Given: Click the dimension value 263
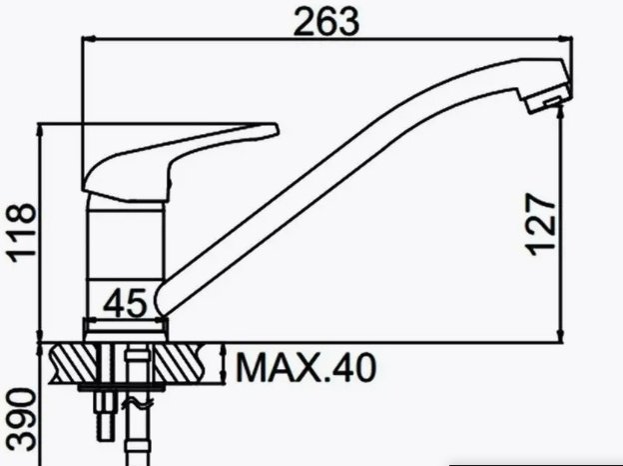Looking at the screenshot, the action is [x=325, y=21].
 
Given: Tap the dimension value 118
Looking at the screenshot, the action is [x=22, y=233].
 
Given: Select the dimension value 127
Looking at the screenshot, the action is [x=541, y=224].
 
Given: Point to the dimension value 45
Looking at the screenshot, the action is [x=125, y=303].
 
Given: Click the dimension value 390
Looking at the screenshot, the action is [x=22, y=420].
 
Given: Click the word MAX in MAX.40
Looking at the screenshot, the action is [x=278, y=368].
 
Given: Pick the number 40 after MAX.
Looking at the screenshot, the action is [x=353, y=368].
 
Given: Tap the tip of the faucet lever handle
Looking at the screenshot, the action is [x=277, y=130].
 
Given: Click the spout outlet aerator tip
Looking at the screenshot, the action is [x=549, y=100].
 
